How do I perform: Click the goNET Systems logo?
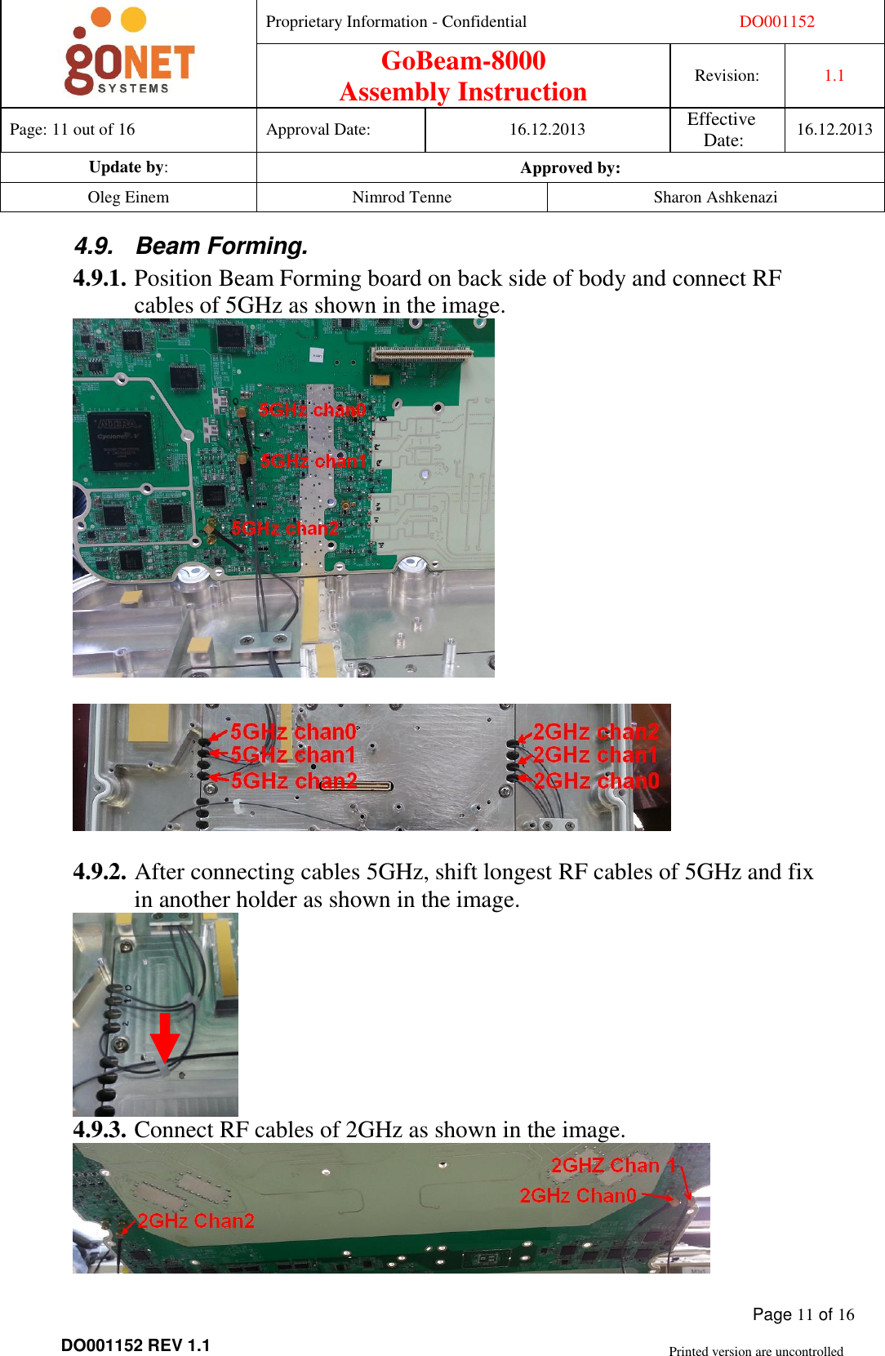[x=129, y=53]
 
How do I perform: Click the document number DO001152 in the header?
[x=776, y=22]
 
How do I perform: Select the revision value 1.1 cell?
[x=834, y=76]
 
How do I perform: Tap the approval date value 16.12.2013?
[x=547, y=130]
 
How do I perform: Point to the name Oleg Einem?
[x=128, y=198]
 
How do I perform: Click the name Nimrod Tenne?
[x=402, y=198]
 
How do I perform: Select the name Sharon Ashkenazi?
[x=715, y=198]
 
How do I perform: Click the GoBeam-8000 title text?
[x=463, y=61]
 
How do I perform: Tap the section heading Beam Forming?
[x=221, y=246]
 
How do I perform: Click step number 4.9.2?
[x=100, y=872]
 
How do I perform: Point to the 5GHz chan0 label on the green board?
[x=312, y=410]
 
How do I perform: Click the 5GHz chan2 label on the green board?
[x=284, y=528]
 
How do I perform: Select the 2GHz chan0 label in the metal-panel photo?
[x=596, y=781]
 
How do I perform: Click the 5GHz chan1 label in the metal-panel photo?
[x=293, y=755]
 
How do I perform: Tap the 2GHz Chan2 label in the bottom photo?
[x=196, y=1221]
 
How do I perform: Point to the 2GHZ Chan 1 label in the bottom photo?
[x=613, y=1166]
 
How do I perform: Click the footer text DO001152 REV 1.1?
[x=136, y=1345]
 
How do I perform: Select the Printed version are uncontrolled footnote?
[x=755, y=1351]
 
